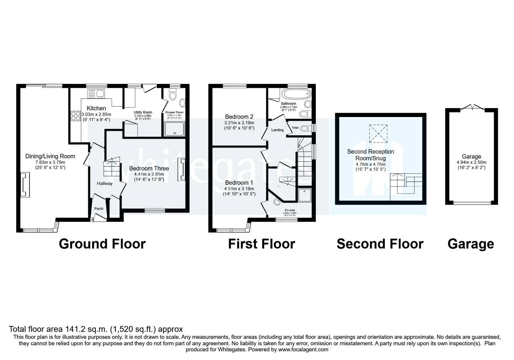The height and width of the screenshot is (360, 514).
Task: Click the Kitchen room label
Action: (96, 109)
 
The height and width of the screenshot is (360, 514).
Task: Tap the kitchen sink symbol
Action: (96, 94)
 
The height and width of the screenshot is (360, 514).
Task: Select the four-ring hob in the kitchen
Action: (75, 116)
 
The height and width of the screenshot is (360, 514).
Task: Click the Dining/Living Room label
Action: (50, 157)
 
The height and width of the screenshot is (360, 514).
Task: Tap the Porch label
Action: (99, 209)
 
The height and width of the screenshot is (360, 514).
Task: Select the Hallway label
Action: (105, 184)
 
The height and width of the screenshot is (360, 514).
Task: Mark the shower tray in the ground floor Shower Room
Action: (174, 129)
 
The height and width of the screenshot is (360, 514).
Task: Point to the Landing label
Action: (277, 130)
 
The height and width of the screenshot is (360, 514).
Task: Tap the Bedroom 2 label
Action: (239, 117)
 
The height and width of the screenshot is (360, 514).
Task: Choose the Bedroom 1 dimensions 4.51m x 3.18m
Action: (239, 189)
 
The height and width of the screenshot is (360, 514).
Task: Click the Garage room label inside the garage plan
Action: (471, 157)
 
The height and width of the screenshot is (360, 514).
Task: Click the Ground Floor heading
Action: (102, 244)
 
